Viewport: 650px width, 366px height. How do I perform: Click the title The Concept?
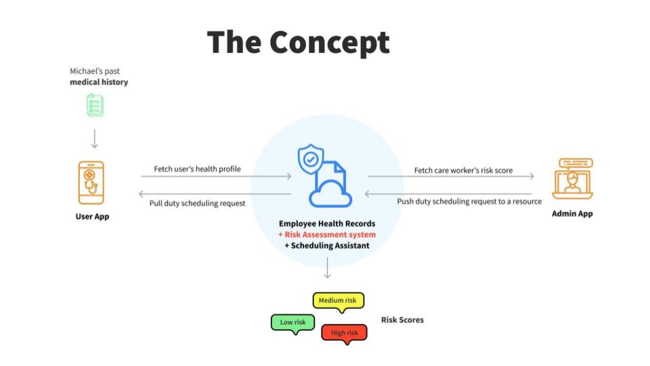(x=298, y=43)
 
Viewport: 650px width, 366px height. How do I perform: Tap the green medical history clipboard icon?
(x=95, y=105)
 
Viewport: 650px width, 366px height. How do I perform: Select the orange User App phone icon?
(x=91, y=182)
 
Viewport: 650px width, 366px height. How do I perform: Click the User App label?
(x=92, y=216)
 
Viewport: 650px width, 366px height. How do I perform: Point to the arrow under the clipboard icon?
(x=95, y=138)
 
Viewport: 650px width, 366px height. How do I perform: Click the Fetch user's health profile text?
(x=197, y=169)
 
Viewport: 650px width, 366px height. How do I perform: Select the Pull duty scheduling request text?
(x=197, y=203)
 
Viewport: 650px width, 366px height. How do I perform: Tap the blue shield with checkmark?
(x=311, y=159)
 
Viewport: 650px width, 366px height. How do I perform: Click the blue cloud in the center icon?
(x=330, y=194)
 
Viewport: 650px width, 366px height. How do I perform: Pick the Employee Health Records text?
(x=327, y=224)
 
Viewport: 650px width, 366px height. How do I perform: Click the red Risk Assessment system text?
(x=327, y=235)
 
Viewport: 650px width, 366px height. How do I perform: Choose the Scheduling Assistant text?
(x=327, y=245)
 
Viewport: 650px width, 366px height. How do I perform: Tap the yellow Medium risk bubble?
(x=339, y=300)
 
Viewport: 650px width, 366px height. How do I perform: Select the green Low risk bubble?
(x=292, y=323)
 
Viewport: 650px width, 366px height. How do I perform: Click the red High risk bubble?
(x=344, y=333)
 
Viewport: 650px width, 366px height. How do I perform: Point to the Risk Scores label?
(x=402, y=320)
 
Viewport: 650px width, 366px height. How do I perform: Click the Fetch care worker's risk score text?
(x=463, y=170)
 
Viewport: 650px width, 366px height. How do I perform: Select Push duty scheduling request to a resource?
(x=469, y=201)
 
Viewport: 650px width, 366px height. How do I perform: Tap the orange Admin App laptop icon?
(x=573, y=179)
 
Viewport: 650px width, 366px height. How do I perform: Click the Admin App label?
(x=572, y=213)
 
